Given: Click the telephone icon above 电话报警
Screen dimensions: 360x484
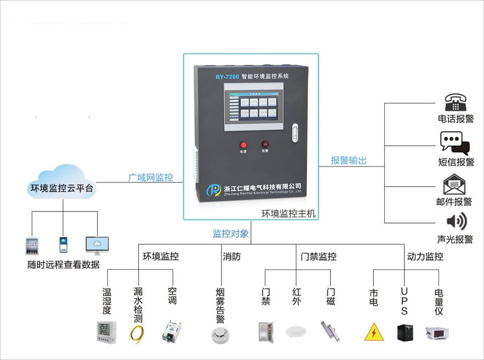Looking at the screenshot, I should click(x=455, y=102).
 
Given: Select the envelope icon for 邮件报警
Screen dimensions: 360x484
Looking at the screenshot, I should click(x=454, y=185).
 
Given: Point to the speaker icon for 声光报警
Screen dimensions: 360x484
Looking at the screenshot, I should click(x=456, y=222).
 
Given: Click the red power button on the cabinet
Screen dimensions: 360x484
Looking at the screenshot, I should click(x=243, y=144).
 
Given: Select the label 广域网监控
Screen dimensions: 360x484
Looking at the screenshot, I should click(x=150, y=177).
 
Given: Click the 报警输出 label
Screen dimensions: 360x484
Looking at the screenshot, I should click(x=349, y=160).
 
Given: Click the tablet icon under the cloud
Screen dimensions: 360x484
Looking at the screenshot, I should click(x=32, y=245).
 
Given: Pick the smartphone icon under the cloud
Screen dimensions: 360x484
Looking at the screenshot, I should click(x=63, y=245).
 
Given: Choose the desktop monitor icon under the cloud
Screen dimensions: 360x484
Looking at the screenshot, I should click(x=97, y=245).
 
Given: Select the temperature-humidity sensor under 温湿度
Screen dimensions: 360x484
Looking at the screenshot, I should click(x=106, y=331).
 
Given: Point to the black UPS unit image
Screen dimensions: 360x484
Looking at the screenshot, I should click(x=405, y=332).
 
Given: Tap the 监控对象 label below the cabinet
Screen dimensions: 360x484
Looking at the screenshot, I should click(x=231, y=234).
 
